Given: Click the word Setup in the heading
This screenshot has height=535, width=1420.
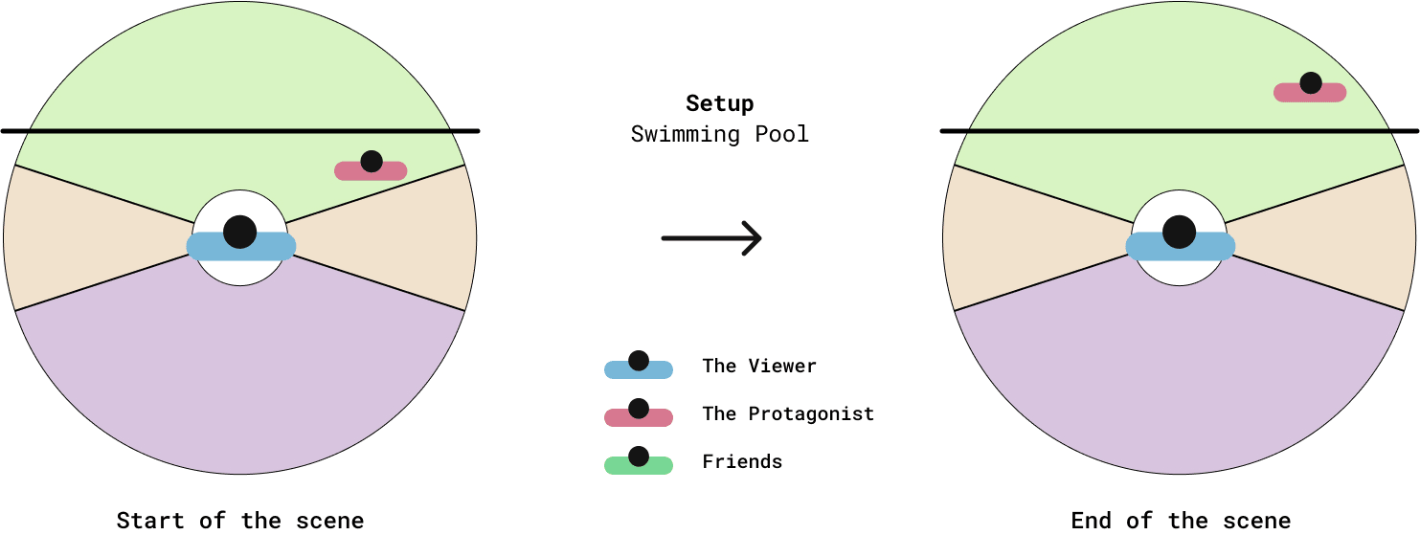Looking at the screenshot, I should pos(719,103).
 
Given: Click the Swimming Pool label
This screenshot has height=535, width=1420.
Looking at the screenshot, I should pos(719,134).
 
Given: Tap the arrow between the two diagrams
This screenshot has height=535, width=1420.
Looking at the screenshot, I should pos(710,237).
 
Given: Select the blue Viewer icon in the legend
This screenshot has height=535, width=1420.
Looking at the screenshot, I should pos(639,368).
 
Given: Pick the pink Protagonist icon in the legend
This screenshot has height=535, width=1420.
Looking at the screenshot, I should pos(639,415).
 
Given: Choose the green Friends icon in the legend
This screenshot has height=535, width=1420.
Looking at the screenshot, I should pos(639,463).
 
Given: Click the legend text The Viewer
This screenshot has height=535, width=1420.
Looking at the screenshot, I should pos(759,366).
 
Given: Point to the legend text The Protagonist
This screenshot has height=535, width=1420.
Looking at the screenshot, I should pos(788,413).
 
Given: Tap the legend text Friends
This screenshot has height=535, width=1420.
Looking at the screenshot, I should pos(742,461).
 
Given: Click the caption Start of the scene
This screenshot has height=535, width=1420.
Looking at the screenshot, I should pos(240,521).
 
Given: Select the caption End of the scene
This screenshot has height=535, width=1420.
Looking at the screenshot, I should pos(1181,521).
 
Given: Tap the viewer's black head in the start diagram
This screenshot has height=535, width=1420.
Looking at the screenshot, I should pos(239,231).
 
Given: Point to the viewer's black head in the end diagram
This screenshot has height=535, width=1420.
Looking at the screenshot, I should pos(1179,231).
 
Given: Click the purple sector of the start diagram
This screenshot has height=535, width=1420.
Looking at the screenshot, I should pos(239,383).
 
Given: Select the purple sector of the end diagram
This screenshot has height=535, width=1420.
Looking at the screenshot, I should pos(1179,383).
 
